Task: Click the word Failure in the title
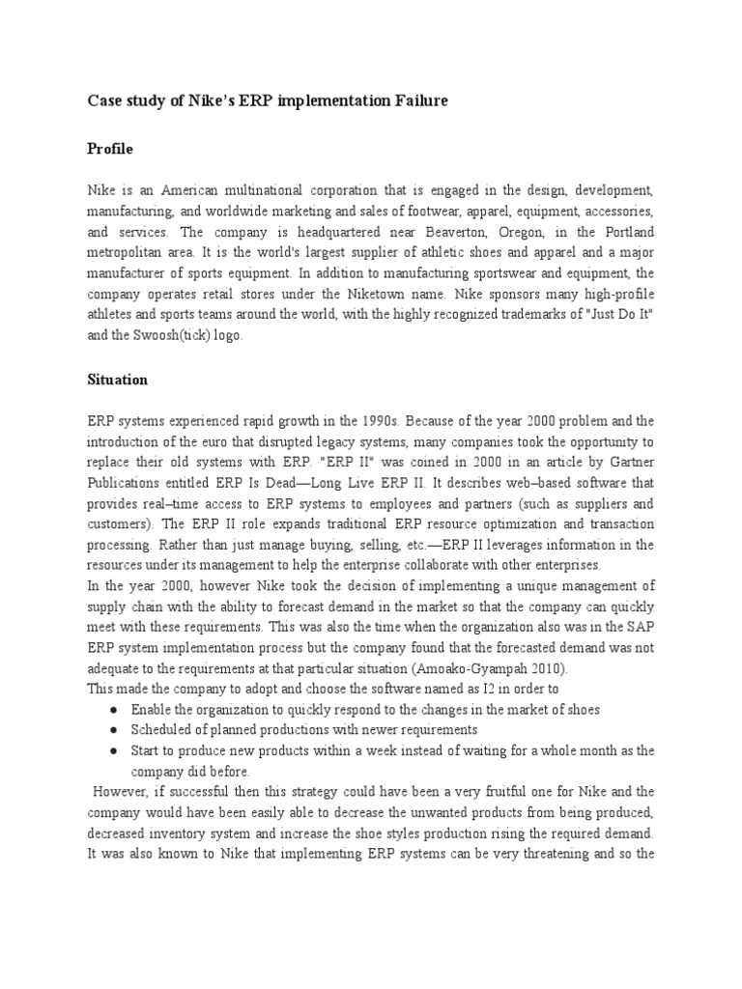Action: [x=418, y=100]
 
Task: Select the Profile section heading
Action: [x=110, y=150]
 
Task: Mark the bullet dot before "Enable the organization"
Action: [x=115, y=710]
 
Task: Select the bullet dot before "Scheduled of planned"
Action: [x=115, y=730]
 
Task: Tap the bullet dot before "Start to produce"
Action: [x=115, y=750]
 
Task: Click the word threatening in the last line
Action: [x=543, y=852]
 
